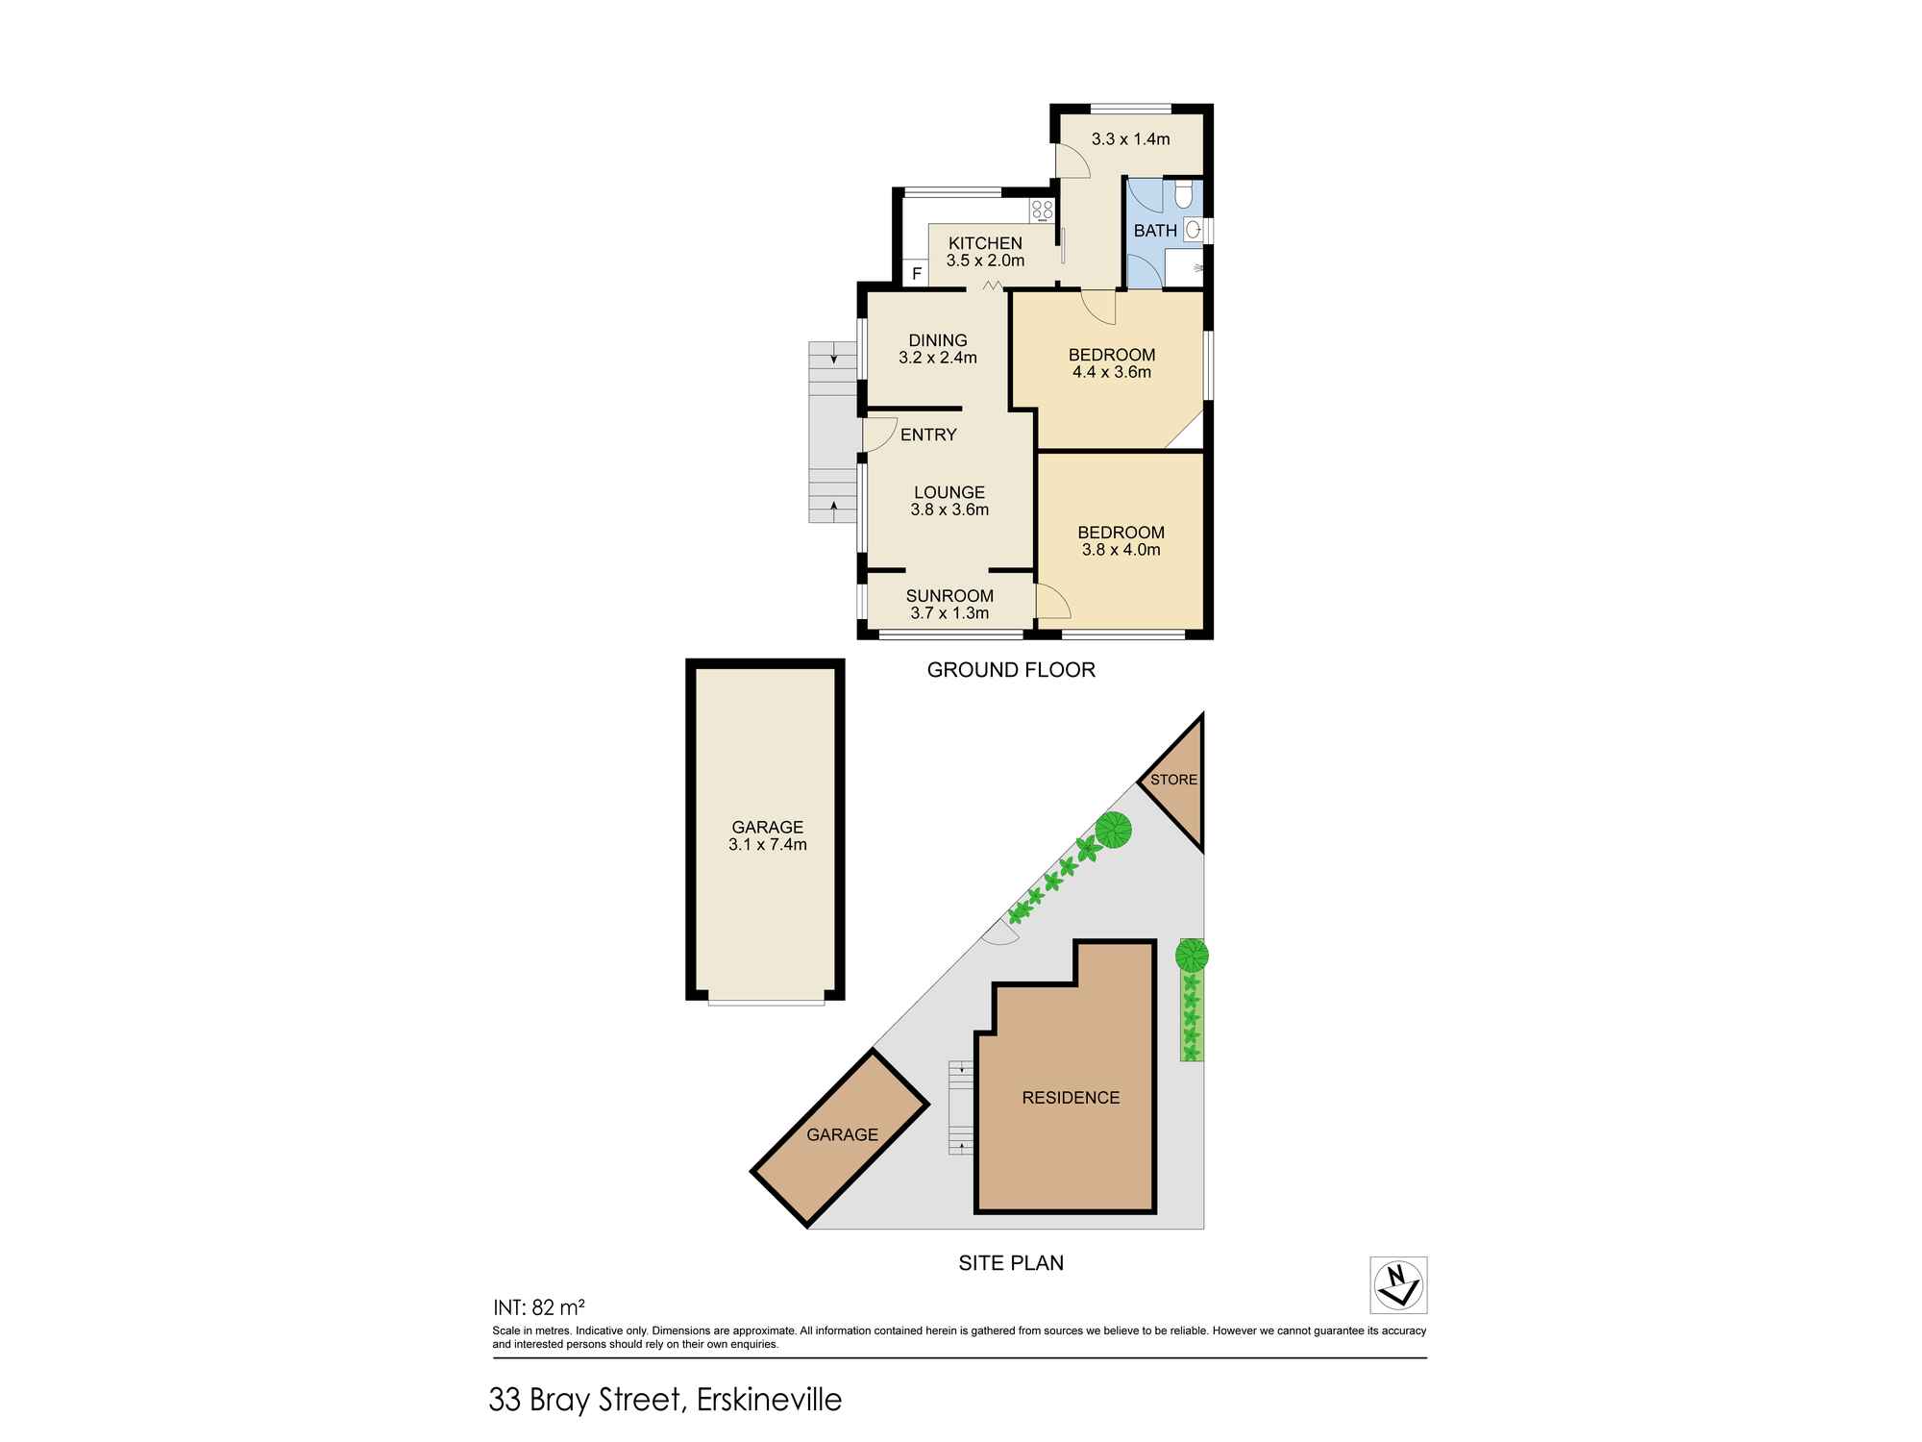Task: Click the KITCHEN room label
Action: pyautogui.click(x=985, y=243)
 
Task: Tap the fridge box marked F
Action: pyautogui.click(x=917, y=274)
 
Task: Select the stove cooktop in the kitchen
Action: pyautogui.click(x=1042, y=211)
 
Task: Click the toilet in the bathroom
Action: pyautogui.click(x=1184, y=195)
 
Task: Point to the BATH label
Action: pyautogui.click(x=1155, y=231)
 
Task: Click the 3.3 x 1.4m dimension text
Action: pyautogui.click(x=1130, y=139)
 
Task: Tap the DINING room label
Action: pyautogui.click(x=938, y=340)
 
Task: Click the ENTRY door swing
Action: pyautogui.click(x=878, y=435)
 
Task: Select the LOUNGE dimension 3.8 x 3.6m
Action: pyautogui.click(x=949, y=510)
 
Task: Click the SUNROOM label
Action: pyautogui.click(x=949, y=596)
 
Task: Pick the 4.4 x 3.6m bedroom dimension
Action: pyautogui.click(x=1112, y=373)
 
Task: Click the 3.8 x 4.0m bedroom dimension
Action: pyautogui.click(x=1121, y=551)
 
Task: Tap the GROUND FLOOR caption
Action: pyautogui.click(x=1011, y=670)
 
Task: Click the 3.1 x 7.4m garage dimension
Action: pyautogui.click(x=767, y=846)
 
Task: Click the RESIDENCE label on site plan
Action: pyautogui.click(x=1071, y=1098)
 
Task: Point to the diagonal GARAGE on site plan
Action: pyautogui.click(x=841, y=1135)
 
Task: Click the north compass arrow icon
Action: pyautogui.click(x=1397, y=1284)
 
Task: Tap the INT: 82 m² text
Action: pyautogui.click(x=538, y=1307)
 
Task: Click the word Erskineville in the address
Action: pyautogui.click(x=769, y=1400)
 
